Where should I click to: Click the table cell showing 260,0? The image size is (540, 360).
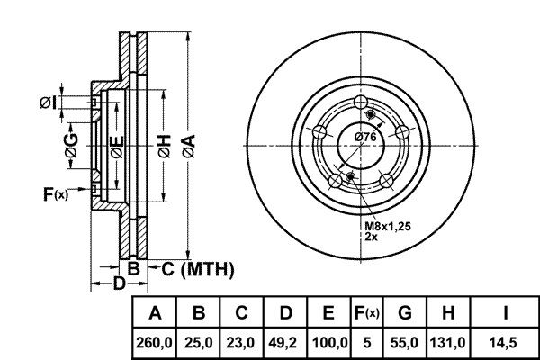click(x=154, y=343)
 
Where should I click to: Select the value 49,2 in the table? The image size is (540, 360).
click(x=285, y=343)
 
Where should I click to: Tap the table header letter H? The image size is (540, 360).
click(x=448, y=313)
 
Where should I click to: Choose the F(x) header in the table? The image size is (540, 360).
click(x=367, y=313)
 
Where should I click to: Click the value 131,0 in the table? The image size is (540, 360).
click(x=447, y=343)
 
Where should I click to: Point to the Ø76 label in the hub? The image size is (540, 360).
click(x=365, y=137)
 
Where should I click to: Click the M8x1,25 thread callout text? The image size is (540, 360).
click(x=388, y=226)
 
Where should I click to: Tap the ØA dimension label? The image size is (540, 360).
click(x=189, y=147)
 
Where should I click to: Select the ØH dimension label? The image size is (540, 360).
click(x=165, y=147)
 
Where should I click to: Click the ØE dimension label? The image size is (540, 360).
click(x=117, y=147)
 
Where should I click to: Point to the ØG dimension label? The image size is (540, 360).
click(x=72, y=146)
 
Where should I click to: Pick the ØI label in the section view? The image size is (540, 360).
click(x=48, y=103)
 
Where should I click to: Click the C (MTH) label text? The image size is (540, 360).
click(x=198, y=269)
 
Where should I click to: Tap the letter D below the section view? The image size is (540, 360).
click(x=120, y=283)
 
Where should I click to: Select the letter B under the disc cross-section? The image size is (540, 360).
click(x=133, y=268)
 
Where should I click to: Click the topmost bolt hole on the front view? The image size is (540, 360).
click(x=361, y=102)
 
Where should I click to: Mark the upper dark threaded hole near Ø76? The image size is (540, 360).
click(x=371, y=114)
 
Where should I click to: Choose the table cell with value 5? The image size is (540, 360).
click(x=367, y=343)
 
